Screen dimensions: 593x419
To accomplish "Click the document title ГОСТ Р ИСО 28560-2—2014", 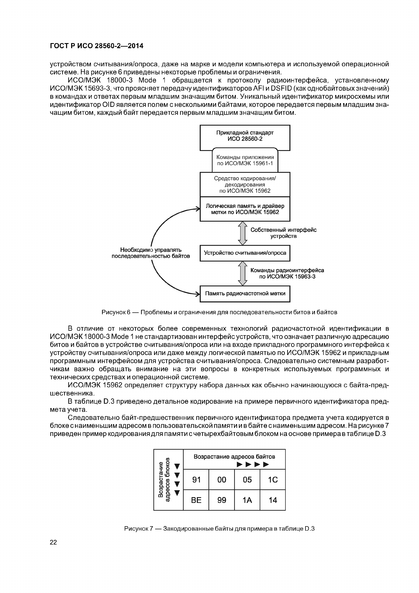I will point(96,46).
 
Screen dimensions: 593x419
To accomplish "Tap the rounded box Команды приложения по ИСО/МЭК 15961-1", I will point(245,160).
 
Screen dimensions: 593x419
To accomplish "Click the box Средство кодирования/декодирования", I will point(245,184).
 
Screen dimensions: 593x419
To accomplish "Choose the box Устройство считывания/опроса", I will point(245,253).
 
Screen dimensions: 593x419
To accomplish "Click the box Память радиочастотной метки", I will point(245,293).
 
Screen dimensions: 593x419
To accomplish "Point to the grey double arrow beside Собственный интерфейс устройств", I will point(242,233).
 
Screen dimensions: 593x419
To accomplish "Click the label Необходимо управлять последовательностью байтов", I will point(151,253).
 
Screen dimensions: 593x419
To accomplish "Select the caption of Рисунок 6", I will point(219,312).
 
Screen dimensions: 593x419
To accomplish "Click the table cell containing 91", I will point(196,480).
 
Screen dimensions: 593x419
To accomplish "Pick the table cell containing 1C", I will point(273,480).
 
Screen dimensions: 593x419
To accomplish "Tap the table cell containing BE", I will point(196,500).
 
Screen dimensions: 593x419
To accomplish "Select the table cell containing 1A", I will point(247,500).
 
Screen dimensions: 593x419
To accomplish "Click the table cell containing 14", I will point(273,500).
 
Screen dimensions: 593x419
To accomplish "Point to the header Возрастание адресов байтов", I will point(234,457).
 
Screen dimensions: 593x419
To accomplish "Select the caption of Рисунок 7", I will point(219,529).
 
